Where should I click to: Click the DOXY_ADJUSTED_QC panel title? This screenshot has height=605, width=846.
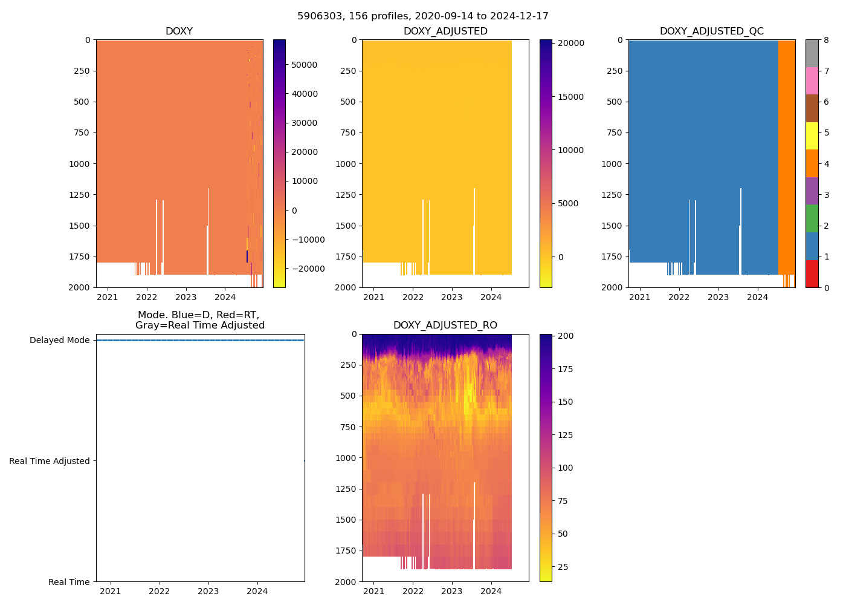point(711,31)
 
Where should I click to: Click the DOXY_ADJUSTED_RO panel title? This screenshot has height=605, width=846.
point(445,325)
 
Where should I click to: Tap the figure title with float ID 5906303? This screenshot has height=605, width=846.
point(422,16)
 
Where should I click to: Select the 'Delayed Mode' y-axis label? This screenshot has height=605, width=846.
point(59,340)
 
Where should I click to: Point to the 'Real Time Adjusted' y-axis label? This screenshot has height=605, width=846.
point(49,461)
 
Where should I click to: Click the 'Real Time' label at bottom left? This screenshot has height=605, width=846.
point(69,582)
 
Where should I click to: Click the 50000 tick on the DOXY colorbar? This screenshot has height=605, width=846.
point(305,65)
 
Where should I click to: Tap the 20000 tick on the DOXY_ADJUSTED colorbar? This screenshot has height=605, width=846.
point(570,44)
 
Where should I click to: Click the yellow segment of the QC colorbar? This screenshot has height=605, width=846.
point(812,136)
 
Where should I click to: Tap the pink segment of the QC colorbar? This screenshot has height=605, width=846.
point(812,80)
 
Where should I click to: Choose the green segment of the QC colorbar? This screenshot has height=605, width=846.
point(812,218)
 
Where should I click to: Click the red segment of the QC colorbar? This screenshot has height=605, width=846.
point(812,273)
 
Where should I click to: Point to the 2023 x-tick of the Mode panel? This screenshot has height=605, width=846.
point(208,591)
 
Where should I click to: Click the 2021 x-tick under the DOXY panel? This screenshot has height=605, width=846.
point(108,297)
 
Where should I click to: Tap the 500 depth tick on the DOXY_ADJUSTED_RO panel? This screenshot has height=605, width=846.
point(347,396)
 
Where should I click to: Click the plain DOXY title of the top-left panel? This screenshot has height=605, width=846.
point(179,31)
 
